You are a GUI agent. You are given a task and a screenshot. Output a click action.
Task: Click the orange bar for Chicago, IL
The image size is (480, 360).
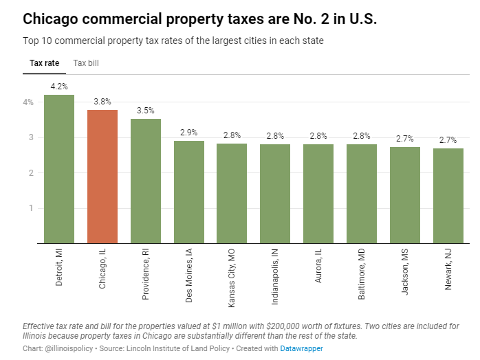click(x=102, y=177)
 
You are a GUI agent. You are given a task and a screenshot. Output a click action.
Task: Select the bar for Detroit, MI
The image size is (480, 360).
click(x=59, y=169)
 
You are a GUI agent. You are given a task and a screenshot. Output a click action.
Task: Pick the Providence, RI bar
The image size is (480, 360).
click(x=146, y=181)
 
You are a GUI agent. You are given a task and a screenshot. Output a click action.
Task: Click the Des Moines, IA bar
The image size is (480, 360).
click(x=189, y=192)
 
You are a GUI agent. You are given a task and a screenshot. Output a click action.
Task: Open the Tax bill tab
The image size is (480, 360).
click(x=86, y=63)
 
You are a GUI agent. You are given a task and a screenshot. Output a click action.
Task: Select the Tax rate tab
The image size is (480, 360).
click(x=45, y=63)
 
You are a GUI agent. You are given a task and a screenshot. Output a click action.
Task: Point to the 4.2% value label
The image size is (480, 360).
click(x=59, y=87)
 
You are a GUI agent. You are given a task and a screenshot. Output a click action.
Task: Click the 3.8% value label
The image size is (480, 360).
click(x=102, y=102)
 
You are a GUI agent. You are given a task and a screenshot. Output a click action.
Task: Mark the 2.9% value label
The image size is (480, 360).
click(x=189, y=132)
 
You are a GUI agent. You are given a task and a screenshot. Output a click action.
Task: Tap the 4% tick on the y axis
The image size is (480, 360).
click(x=28, y=102)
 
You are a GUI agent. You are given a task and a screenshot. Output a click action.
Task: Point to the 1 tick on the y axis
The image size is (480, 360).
click(x=31, y=207)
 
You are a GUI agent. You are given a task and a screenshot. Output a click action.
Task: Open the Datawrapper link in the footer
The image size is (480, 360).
click(x=302, y=348)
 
